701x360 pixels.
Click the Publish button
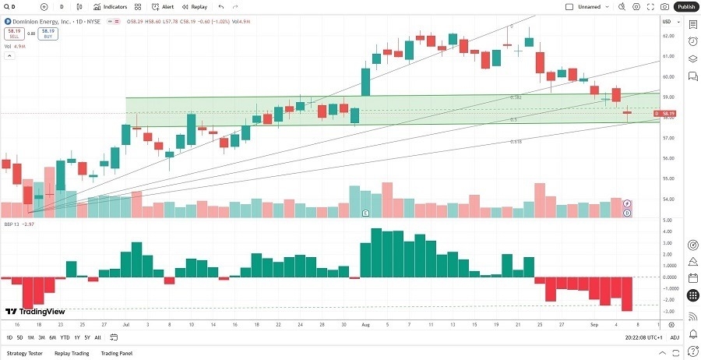686,6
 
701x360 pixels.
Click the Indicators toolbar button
110,6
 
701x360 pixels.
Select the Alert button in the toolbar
163,6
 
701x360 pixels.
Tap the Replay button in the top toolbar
195,6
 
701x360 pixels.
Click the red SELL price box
12,34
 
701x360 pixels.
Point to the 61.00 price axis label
668,57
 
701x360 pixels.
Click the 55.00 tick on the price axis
668,178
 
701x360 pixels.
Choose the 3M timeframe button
41,337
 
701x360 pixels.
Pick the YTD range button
65,337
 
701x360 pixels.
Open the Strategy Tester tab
24,353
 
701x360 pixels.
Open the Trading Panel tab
116,353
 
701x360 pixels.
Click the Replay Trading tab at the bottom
71,353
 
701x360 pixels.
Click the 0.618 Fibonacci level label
516,142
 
